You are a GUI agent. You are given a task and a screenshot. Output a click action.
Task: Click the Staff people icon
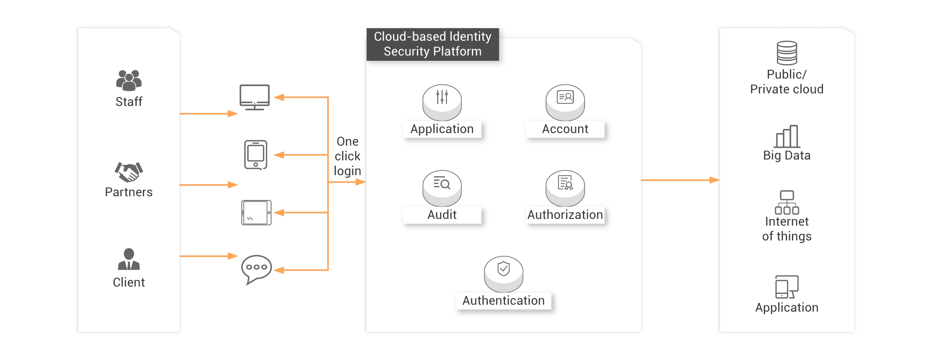pos(129,80)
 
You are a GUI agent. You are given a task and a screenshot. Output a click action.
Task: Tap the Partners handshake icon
pos(129,171)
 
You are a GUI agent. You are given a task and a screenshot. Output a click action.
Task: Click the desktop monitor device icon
pos(255,96)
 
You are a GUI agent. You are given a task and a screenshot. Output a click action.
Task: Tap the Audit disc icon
pos(442,187)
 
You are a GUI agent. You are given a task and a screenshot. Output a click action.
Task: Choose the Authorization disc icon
pos(565,187)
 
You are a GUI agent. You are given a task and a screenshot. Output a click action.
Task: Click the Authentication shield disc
pos(503,273)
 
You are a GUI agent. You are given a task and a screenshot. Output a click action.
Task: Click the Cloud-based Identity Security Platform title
pos(432,44)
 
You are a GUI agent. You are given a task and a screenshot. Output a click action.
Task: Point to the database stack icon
pos(787,53)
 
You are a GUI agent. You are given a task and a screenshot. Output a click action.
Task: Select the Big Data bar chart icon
pos(787,136)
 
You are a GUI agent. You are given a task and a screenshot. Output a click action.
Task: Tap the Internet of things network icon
pos(787,202)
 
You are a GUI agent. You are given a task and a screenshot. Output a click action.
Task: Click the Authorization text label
pos(565,215)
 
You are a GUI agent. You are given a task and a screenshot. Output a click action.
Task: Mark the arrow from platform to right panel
pos(680,180)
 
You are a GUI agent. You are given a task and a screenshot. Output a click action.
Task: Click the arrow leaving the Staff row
pos(209,113)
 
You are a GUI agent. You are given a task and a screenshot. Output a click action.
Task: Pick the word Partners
pos(129,192)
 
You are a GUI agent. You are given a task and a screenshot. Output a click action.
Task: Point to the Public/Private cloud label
pos(787,82)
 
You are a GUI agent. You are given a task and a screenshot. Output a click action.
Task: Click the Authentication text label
pos(503,301)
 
